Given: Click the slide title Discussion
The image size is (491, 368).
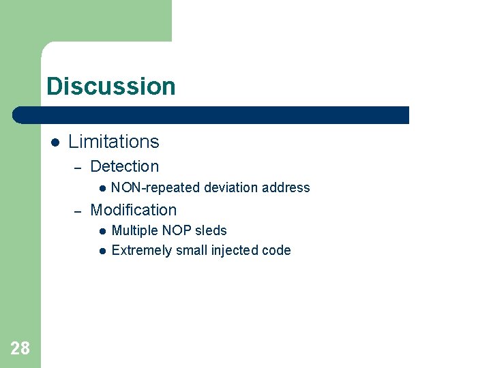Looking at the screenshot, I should pyautogui.click(x=111, y=87).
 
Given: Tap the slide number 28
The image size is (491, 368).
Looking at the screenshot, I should pyautogui.click(x=20, y=349).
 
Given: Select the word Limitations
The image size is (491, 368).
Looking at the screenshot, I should pyautogui.click(x=113, y=142).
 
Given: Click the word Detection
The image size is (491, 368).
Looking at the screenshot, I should pyautogui.click(x=124, y=166).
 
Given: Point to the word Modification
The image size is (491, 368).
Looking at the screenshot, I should pyautogui.click(x=133, y=210).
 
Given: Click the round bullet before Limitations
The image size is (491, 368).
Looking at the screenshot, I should pyautogui.click(x=55, y=142).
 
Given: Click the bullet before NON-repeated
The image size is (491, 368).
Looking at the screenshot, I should pyautogui.click(x=101, y=188).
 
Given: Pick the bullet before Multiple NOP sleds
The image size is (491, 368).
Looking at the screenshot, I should pyautogui.click(x=101, y=231).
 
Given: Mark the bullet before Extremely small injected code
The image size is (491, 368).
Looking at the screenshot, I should pyautogui.click(x=101, y=251).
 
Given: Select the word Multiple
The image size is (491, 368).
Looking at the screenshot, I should pyautogui.click(x=134, y=230).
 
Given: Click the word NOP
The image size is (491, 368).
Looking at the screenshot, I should pyautogui.click(x=176, y=230).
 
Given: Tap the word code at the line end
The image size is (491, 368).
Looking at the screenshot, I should pyautogui.click(x=278, y=250).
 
